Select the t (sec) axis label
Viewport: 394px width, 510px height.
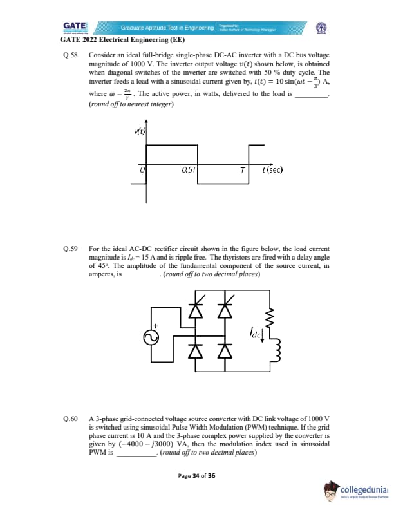[x=273, y=170]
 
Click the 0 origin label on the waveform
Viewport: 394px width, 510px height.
[x=142, y=170]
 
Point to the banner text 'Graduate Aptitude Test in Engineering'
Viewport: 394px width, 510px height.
[x=167, y=28]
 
